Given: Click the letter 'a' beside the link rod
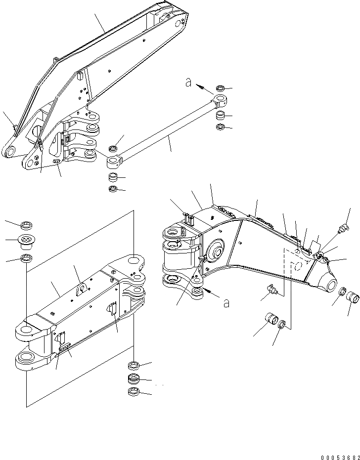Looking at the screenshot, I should [188, 83].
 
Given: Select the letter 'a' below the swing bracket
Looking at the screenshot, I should [226, 303].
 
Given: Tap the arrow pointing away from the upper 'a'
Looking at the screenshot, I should [203, 88].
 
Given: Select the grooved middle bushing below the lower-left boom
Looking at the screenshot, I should [134, 379].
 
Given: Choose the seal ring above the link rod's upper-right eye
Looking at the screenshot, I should [221, 89].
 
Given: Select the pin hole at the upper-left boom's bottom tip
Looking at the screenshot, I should [9, 153].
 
